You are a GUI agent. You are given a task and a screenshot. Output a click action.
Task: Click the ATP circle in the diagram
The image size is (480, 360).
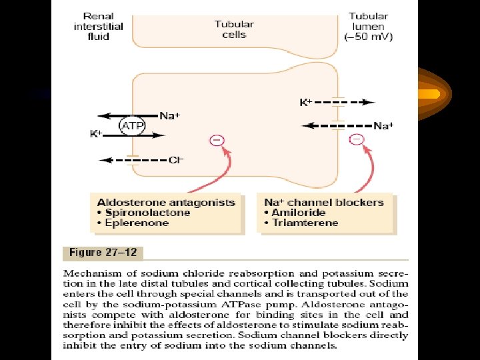[133, 125]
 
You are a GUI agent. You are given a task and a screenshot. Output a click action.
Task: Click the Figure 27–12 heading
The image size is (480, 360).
[103, 253]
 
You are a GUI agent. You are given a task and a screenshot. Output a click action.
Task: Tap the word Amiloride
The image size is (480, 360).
[299, 213]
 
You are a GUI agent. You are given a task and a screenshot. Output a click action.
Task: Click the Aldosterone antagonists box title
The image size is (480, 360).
[166, 202]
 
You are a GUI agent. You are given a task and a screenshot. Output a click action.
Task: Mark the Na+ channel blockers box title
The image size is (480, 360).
[324, 202]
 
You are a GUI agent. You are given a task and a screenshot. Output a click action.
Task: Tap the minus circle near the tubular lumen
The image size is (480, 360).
[357, 139]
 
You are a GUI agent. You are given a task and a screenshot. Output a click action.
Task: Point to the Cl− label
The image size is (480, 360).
[176, 161]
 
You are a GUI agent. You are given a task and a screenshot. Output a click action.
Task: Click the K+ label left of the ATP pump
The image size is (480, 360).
[96, 134]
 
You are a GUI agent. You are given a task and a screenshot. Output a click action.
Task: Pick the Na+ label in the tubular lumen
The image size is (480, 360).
[383, 125]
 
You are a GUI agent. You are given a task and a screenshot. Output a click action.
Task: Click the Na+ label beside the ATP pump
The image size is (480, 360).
[170, 116]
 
